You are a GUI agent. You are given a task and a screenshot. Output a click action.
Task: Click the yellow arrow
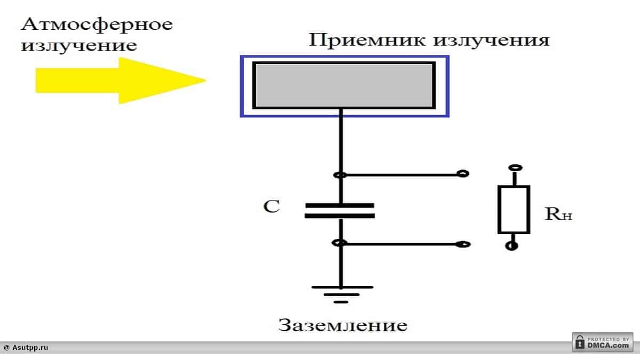click(x=117, y=81)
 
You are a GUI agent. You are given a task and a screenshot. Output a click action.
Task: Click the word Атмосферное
click(x=97, y=25)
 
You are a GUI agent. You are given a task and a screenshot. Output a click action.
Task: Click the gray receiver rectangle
click(x=344, y=85)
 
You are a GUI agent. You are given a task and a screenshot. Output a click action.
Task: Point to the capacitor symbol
click(x=340, y=210)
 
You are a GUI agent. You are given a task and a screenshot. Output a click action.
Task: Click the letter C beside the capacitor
click(x=271, y=207)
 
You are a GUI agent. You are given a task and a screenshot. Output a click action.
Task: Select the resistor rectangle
click(x=514, y=209)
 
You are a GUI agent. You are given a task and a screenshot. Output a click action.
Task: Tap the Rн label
click(x=558, y=214)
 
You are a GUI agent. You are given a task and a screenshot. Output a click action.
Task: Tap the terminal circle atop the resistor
click(x=514, y=168)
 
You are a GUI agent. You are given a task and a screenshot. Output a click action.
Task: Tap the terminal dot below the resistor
click(x=513, y=246)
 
